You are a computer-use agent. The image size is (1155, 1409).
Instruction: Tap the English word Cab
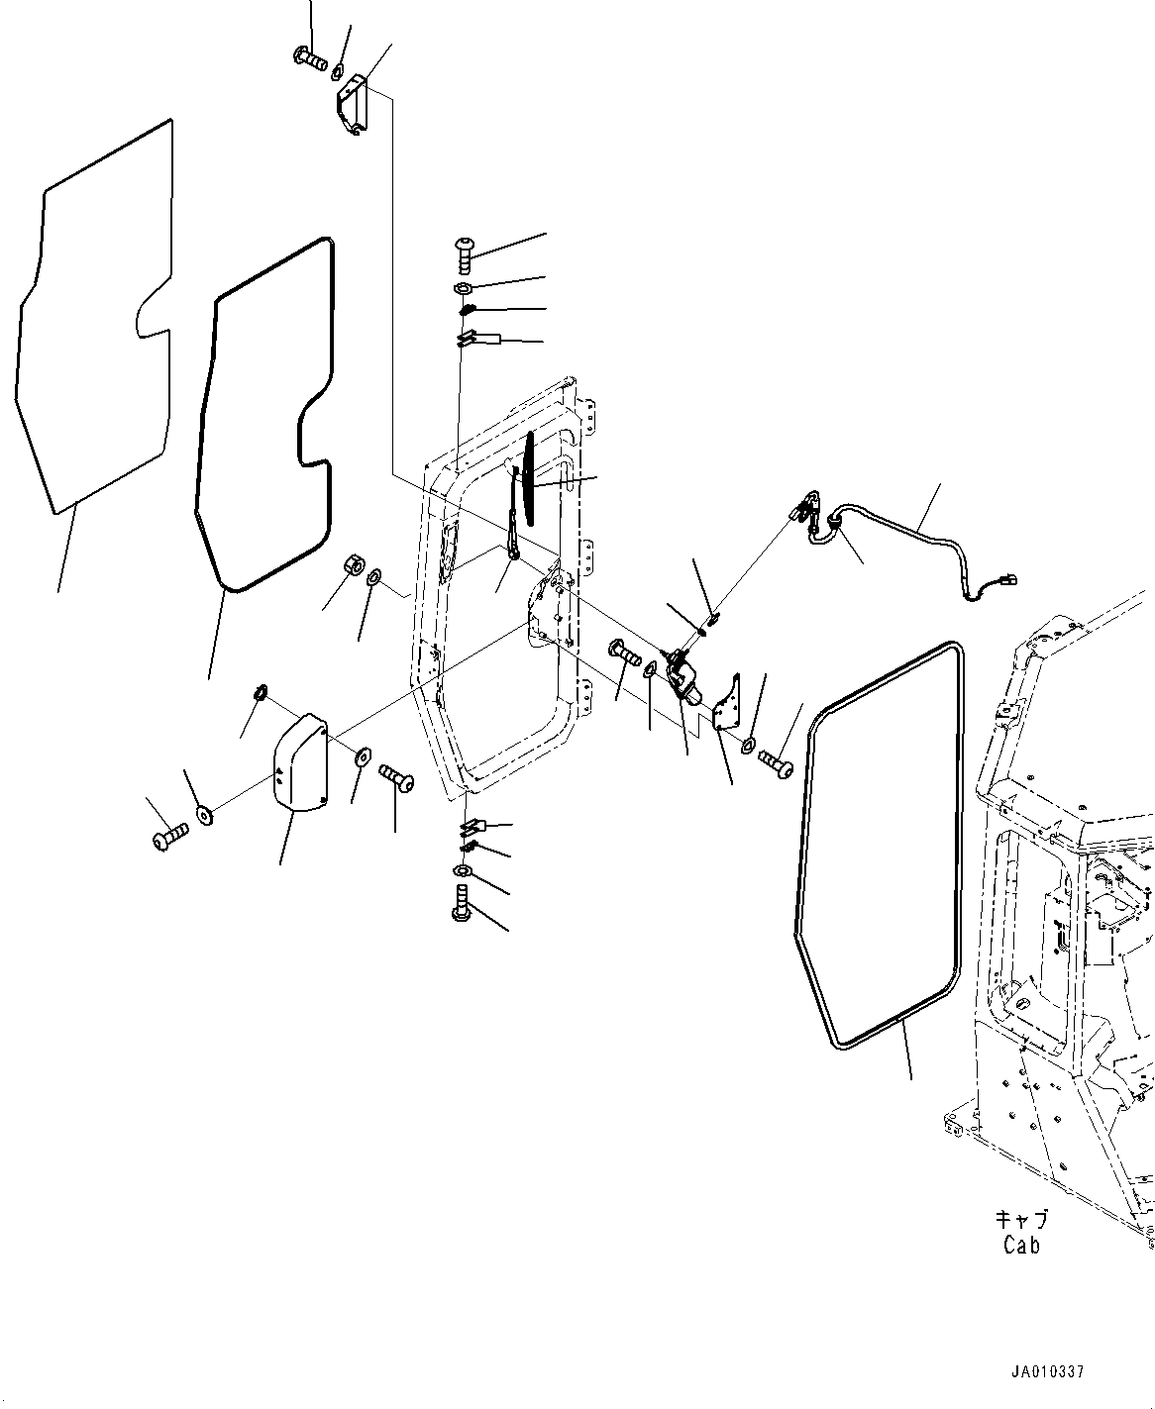(x=1021, y=1246)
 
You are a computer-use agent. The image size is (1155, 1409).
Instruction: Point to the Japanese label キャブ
(x=1021, y=1221)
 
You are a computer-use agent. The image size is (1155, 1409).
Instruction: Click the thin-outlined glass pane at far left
(x=94, y=317)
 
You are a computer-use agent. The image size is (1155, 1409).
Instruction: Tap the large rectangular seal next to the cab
(x=881, y=847)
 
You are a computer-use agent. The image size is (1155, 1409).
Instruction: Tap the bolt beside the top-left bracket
(x=311, y=59)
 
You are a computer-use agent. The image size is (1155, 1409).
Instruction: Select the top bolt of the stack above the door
(x=467, y=252)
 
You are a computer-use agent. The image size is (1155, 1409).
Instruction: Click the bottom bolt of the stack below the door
(x=463, y=903)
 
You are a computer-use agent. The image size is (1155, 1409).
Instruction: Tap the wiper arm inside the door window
(x=515, y=525)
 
